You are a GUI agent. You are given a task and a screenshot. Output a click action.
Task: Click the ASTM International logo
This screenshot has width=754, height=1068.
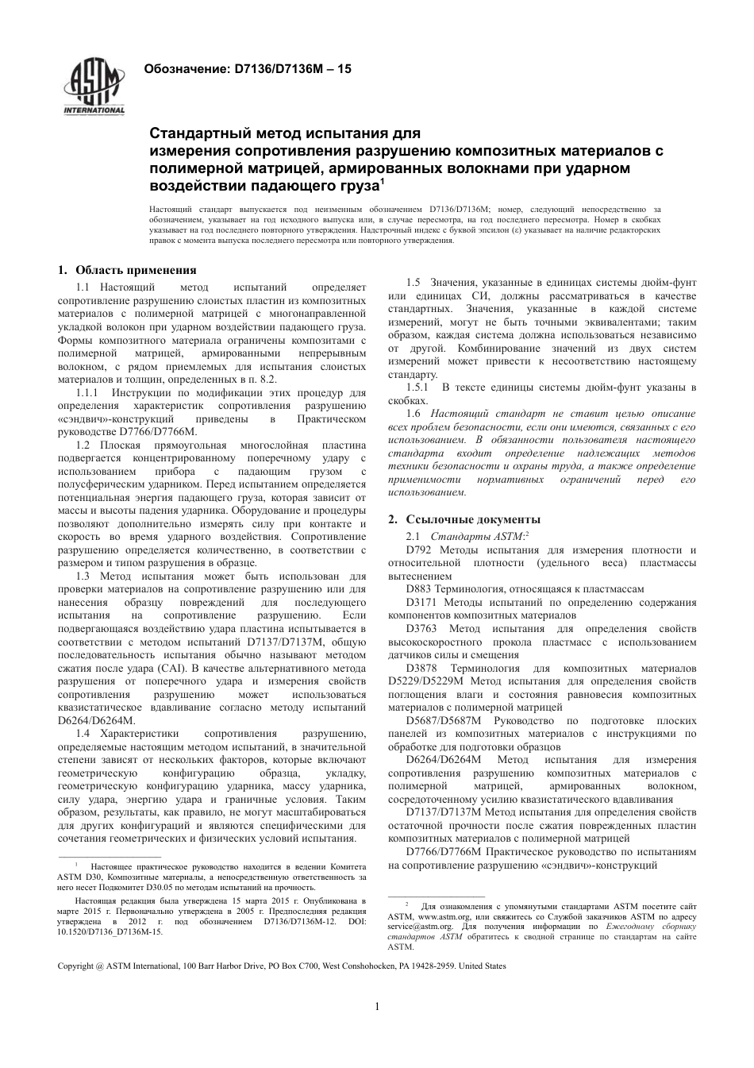(x=94, y=87)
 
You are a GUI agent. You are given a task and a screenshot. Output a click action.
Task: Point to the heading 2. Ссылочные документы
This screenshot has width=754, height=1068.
(x=464, y=519)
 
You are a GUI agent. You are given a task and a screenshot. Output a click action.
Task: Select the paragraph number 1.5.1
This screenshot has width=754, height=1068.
(x=417, y=387)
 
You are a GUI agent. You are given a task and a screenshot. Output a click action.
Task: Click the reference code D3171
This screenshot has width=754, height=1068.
(x=421, y=602)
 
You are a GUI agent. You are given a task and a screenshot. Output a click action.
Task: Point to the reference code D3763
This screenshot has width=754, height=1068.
(x=421, y=628)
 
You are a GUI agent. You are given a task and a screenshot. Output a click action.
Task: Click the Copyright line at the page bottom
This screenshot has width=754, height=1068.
(x=282, y=966)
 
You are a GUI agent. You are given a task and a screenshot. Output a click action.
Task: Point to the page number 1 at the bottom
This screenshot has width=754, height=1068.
(x=376, y=1006)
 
